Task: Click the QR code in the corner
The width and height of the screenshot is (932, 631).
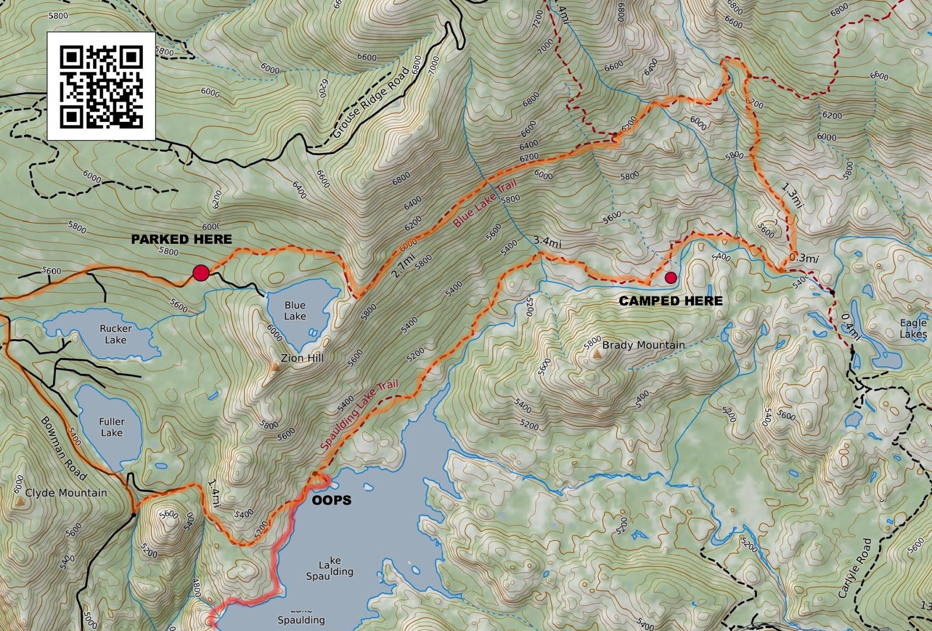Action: [101, 87]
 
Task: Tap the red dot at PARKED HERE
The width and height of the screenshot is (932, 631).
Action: [201, 272]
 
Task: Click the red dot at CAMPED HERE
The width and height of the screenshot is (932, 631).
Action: [670, 278]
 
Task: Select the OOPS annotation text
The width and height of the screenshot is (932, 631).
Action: [331, 500]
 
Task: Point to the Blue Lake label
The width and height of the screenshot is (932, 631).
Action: [295, 310]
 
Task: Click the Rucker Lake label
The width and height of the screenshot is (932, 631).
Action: [115, 334]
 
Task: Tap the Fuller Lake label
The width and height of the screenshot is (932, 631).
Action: [111, 427]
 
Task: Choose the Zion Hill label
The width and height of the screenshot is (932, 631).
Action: [302, 358]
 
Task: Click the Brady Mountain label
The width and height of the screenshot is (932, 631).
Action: [643, 345]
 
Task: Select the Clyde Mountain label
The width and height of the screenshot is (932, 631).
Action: [66, 493]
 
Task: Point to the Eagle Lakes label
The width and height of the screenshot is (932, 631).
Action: [913, 328]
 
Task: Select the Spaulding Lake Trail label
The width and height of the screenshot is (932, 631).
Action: [359, 414]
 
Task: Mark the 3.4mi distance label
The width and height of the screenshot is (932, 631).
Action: [547, 242]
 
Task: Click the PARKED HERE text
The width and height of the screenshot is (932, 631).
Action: [181, 239]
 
